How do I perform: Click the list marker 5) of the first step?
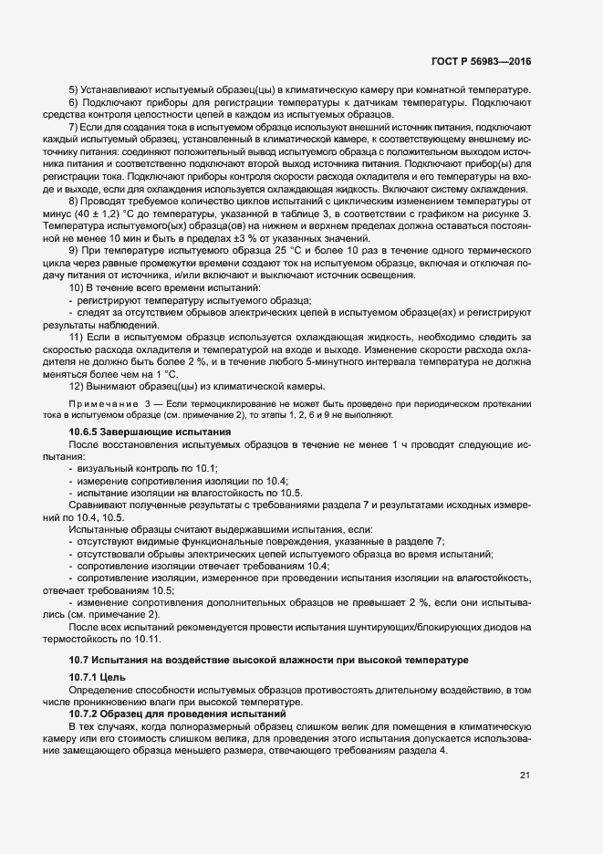73,91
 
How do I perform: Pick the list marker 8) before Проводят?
73,200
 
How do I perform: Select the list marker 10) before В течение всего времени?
76,287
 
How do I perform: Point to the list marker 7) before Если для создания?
73,127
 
